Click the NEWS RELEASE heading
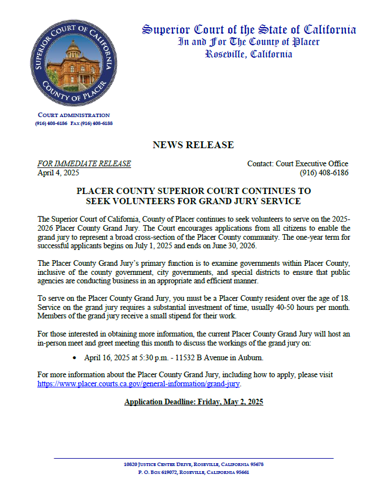click(x=193, y=145)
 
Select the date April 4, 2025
click(x=58, y=172)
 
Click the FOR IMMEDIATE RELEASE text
click(x=84, y=163)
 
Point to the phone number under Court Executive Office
click(x=324, y=172)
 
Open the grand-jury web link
click(x=139, y=383)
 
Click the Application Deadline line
click(x=193, y=402)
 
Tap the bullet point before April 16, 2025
click(x=75, y=358)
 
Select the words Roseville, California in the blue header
click(x=249, y=54)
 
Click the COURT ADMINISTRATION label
click(x=73, y=115)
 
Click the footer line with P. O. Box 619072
click(x=193, y=472)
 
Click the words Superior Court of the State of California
click(x=249, y=29)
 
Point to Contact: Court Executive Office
click(x=298, y=163)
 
